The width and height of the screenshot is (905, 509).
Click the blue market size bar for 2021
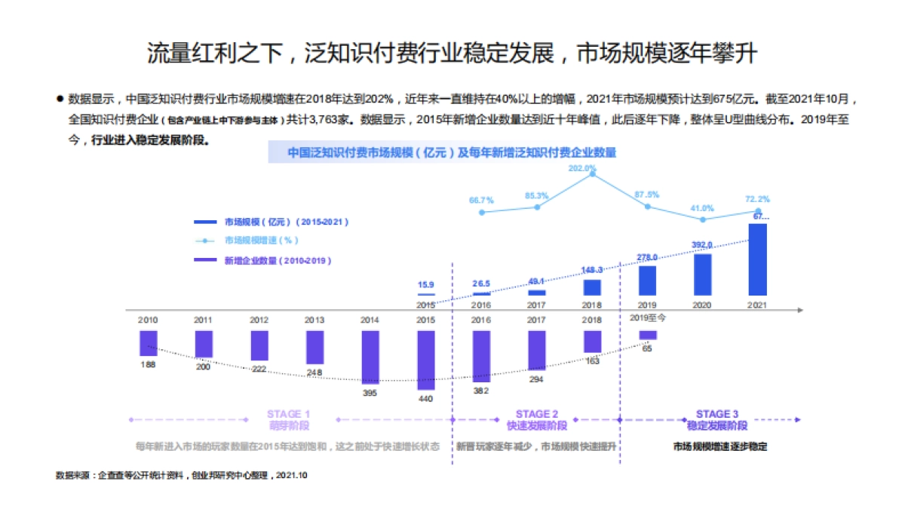758,259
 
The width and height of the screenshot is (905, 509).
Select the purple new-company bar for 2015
426,360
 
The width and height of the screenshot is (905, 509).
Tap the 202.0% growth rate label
581,168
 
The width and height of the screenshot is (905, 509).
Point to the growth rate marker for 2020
703,219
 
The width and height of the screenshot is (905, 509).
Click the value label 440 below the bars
426,398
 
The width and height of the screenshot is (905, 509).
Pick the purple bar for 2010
149,343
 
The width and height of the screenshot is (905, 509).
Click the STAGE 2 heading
537,414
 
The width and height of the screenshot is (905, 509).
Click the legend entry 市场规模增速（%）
261,241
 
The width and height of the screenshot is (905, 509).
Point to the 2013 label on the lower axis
314,320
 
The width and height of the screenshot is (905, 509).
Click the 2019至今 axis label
648,317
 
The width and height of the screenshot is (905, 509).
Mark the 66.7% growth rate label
481,200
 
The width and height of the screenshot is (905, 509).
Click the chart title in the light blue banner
452,152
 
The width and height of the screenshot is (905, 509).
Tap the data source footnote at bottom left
182,476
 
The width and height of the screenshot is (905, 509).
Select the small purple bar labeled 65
648,335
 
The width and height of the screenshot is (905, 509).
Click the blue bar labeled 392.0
703,274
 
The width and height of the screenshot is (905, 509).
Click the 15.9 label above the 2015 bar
426,285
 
